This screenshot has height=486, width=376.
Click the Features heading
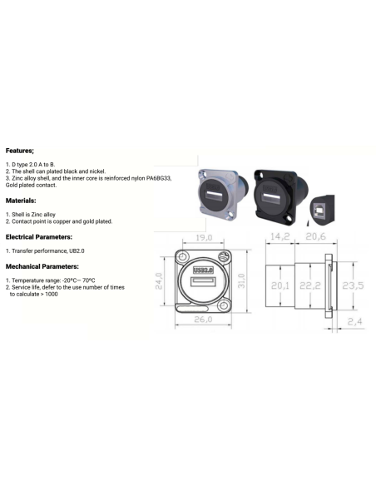coord(20,151)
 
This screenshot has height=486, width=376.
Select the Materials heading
coord(21,201)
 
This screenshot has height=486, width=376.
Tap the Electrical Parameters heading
coord(39,237)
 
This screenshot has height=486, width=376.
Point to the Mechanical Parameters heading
coord(42,266)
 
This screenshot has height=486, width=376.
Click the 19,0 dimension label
coord(204,237)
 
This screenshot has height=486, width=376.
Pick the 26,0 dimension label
coord(203,320)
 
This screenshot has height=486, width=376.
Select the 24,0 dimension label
coord(159,280)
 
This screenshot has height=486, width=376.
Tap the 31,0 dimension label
coord(241,280)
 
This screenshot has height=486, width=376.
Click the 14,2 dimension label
coord(280,236)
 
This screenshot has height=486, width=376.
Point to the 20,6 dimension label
coord(315,236)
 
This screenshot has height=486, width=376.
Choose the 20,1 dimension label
coord(280,285)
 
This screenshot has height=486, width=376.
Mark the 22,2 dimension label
coord(310,285)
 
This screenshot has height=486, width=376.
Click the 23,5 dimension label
coord(353,285)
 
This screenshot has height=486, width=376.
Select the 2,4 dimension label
coord(354,321)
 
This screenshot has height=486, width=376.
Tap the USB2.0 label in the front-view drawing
coord(203,270)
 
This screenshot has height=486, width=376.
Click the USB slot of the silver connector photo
coord(213,196)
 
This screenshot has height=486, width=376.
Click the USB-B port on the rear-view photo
coord(318,211)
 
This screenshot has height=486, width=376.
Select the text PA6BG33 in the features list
coord(159,178)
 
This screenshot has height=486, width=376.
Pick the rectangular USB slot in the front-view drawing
coord(203,282)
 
